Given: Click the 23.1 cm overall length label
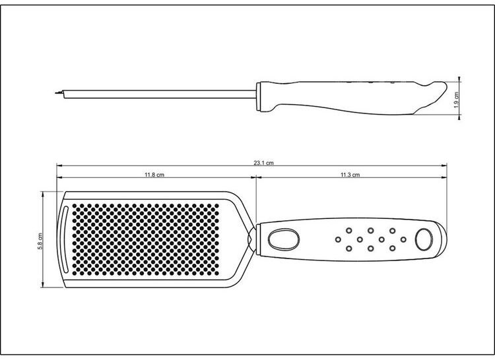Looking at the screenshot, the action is click(263, 163).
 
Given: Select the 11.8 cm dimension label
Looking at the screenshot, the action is click(154, 175).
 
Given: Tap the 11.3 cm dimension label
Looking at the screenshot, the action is click(350, 175).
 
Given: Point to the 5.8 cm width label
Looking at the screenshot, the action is click(40, 241).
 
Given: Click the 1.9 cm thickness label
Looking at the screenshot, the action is click(456, 100).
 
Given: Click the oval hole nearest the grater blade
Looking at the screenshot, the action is click(284, 239).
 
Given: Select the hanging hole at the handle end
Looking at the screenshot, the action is click(424, 239).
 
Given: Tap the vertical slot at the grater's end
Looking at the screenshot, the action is click(65, 239).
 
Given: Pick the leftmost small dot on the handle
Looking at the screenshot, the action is click(338, 239).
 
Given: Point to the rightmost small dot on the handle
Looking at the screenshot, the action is click(403, 239).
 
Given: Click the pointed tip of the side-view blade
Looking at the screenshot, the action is click(55, 93).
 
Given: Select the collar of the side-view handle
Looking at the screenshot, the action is click(259, 97).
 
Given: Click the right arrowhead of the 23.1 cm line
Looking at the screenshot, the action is click(445, 165).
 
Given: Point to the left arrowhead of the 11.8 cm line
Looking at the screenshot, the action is click(59, 177).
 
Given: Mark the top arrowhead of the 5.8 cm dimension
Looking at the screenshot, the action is click(43, 195).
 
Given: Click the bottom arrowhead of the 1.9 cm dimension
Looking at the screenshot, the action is click(459, 117).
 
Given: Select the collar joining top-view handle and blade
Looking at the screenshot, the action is click(257, 239).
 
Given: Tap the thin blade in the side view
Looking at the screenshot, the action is click(158, 94).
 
